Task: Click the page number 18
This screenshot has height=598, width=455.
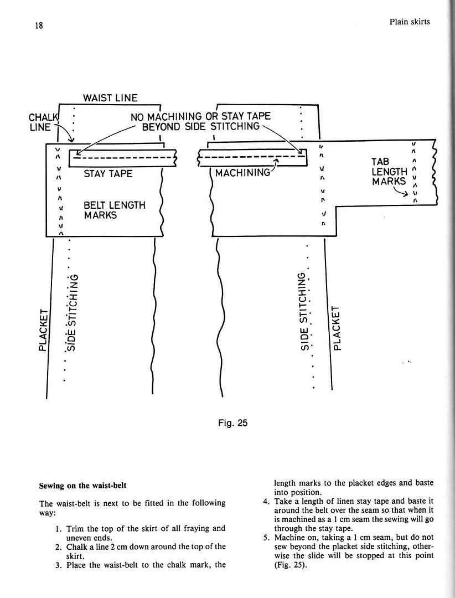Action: pyautogui.click(x=39, y=25)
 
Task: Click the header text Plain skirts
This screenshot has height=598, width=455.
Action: pyautogui.click(x=409, y=22)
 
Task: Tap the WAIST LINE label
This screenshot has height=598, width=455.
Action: pyautogui.click(x=110, y=98)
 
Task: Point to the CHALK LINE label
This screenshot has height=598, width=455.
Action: pyautogui.click(x=44, y=122)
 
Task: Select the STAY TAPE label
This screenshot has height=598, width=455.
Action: pyautogui.click(x=108, y=174)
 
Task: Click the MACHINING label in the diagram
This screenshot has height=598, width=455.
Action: pyautogui.click(x=242, y=173)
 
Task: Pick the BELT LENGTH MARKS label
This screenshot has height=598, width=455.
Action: pyautogui.click(x=115, y=210)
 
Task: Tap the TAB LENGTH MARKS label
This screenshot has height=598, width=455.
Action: pyautogui.click(x=389, y=172)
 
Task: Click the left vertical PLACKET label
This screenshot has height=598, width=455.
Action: pyautogui.click(x=44, y=330)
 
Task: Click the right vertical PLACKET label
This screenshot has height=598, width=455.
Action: pyautogui.click(x=337, y=328)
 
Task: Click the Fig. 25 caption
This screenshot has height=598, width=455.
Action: pyautogui.click(x=232, y=423)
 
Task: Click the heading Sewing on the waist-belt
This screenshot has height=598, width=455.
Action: pyautogui.click(x=83, y=486)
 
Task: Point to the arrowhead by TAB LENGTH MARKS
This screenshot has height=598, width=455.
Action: pyautogui.click(x=406, y=194)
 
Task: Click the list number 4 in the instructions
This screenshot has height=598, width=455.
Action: pyautogui.click(x=266, y=501)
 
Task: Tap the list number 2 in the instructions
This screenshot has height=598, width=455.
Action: pyautogui.click(x=58, y=547)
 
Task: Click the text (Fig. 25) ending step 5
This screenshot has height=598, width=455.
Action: pyautogui.click(x=291, y=565)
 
